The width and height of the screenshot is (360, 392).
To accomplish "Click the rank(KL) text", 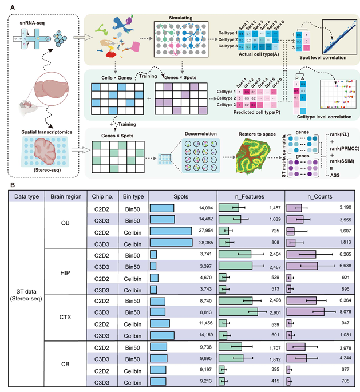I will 337,135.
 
